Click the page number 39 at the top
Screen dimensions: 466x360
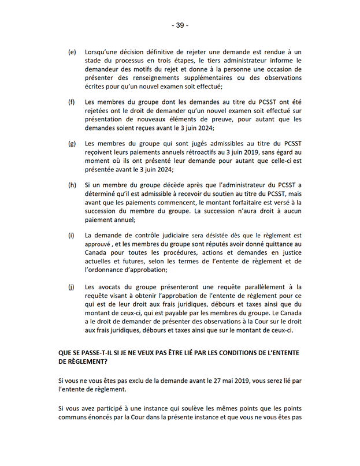pos(180,25)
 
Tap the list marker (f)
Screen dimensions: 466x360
pos(72,102)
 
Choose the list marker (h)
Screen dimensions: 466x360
pos(72,185)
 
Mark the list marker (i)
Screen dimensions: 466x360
pos(71,236)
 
